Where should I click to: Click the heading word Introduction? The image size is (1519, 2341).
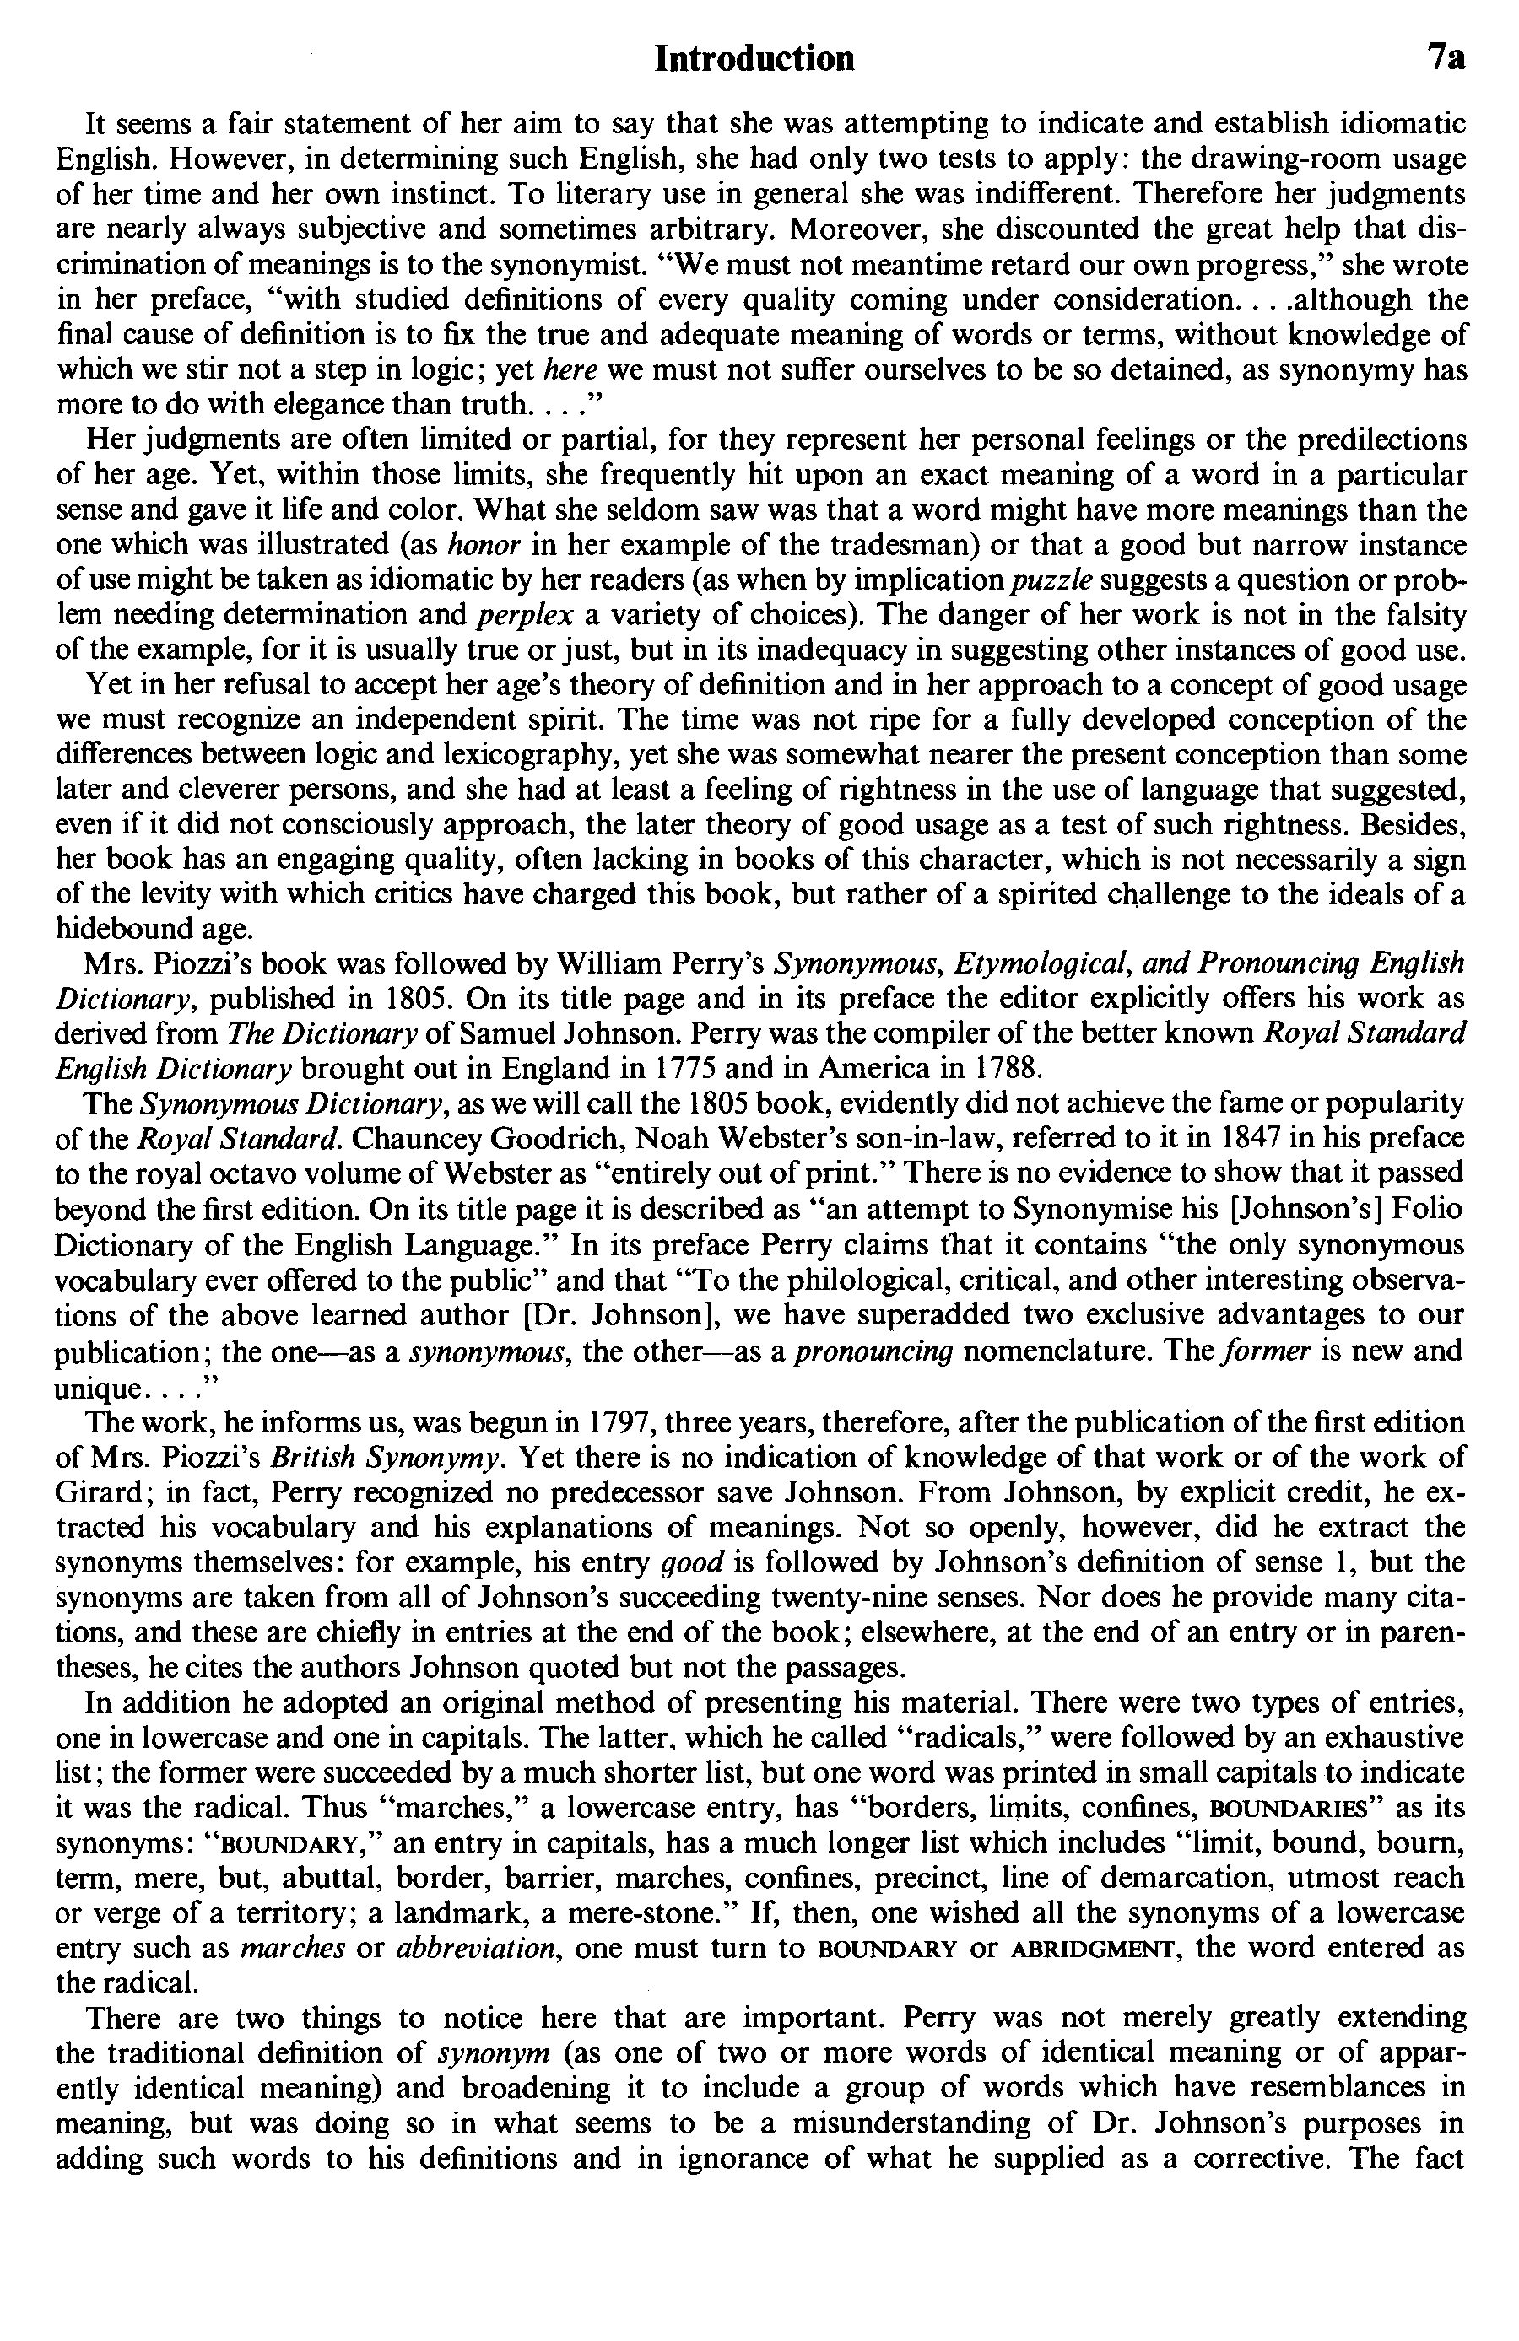[x=754, y=60]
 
